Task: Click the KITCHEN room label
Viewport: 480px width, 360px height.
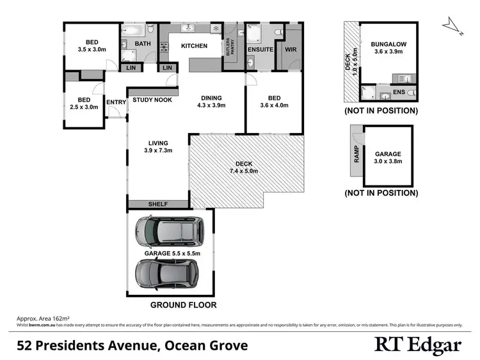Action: click(194, 46)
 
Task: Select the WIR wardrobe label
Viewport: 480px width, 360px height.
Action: click(291, 49)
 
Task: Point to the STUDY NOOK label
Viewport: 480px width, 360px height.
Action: click(151, 100)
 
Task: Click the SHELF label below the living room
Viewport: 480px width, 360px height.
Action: click(158, 204)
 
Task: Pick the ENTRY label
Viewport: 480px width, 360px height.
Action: click(116, 102)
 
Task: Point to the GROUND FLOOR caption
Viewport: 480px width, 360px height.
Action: click(183, 305)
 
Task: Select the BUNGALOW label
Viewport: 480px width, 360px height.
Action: click(389, 45)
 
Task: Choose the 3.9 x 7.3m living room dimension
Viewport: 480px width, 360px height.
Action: click(157, 152)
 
